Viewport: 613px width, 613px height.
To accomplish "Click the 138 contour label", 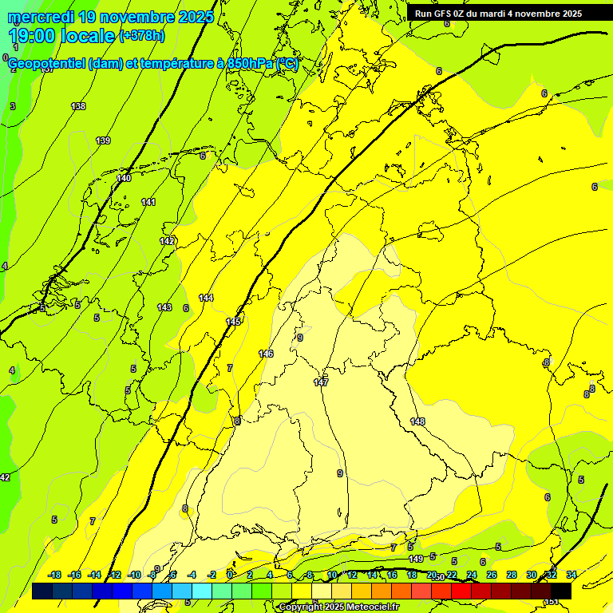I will tap(78, 106).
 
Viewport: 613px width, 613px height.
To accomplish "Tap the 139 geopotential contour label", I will tap(103, 140).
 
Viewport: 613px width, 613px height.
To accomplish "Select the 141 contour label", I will tap(148, 202).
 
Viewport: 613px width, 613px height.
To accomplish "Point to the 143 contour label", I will tap(164, 307).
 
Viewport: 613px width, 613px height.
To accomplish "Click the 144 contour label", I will tap(206, 298).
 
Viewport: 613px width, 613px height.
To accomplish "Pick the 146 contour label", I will tap(266, 354).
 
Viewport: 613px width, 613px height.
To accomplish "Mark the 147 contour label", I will tap(321, 382).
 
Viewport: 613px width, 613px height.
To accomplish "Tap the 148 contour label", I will tap(417, 421).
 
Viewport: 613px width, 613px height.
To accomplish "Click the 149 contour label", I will tap(415, 559).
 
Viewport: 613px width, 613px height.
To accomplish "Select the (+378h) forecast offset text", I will tap(141, 35).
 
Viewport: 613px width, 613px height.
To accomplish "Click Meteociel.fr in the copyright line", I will tap(370, 607).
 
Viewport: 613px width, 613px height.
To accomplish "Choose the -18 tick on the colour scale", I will tap(54, 575).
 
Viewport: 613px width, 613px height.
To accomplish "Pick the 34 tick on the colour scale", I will tap(571, 575).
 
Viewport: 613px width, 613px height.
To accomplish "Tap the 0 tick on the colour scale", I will tap(230, 575).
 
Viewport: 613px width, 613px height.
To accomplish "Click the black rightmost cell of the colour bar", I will tap(560, 591).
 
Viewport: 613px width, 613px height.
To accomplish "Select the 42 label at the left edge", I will tap(5, 477).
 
